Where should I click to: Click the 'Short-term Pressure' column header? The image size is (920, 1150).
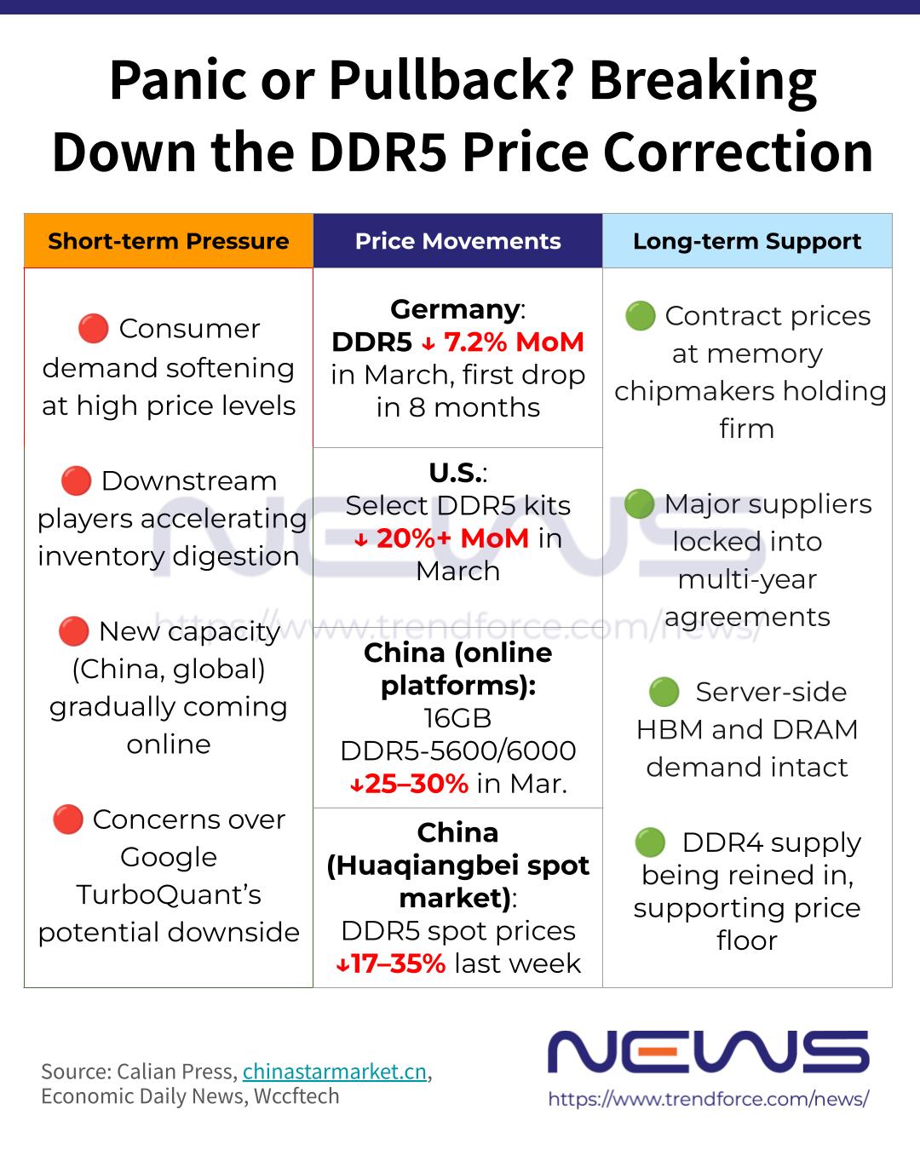168,241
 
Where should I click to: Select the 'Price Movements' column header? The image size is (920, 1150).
457,241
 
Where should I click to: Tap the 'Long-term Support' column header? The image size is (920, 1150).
747,241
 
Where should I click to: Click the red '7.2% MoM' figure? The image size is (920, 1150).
514,342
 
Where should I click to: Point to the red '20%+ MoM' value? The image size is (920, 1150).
451,538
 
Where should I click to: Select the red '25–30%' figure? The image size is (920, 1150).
417,784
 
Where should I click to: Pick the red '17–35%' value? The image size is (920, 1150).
398,963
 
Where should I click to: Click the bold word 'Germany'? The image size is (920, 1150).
455,309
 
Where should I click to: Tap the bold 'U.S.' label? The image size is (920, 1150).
455,473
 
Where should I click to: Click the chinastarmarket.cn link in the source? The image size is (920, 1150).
334,1072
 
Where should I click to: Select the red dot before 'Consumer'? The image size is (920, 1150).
93,328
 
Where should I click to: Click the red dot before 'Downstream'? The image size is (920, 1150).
76,480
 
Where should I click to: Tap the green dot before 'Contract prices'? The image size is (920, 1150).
640,315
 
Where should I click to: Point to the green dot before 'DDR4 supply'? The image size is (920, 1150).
650,842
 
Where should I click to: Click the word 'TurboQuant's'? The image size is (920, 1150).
168,894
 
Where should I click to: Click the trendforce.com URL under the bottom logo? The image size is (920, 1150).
708,1099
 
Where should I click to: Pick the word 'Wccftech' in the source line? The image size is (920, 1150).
295,1096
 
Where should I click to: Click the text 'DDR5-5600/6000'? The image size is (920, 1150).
457,750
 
